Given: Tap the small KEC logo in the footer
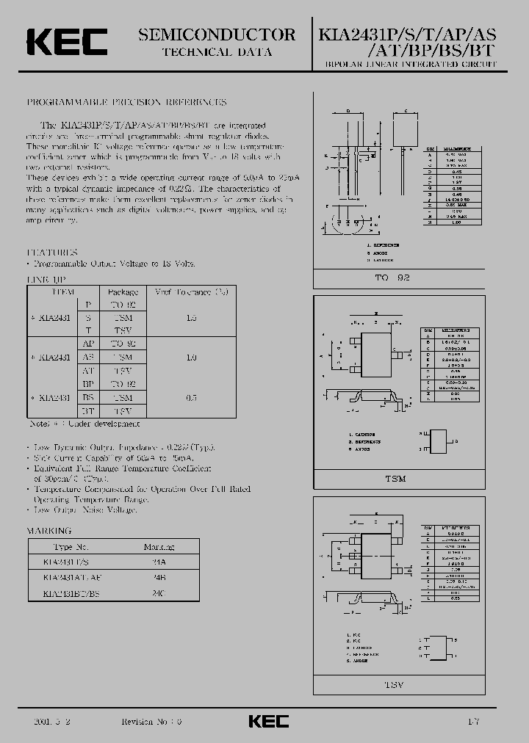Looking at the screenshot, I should [268, 721].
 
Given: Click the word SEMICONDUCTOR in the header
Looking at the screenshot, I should [217, 35].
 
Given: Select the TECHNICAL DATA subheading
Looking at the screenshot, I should [217, 52].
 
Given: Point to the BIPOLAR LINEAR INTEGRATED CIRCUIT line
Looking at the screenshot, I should [410, 65].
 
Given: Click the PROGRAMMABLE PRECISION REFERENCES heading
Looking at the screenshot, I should [126, 102].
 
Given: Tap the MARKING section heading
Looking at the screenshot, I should [49, 530].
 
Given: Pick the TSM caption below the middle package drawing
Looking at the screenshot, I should [395, 479].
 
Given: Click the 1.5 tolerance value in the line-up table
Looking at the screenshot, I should [191, 318].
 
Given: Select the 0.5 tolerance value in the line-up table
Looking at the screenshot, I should [191, 397].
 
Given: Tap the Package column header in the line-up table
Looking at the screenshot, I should [118, 291].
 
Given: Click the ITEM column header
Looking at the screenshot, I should [62, 291].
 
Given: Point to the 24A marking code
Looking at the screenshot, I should [159, 562].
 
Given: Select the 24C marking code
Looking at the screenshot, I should [159, 591].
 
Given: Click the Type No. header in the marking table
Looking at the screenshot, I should [71, 547].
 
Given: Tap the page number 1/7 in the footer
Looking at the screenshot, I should [474, 721].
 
